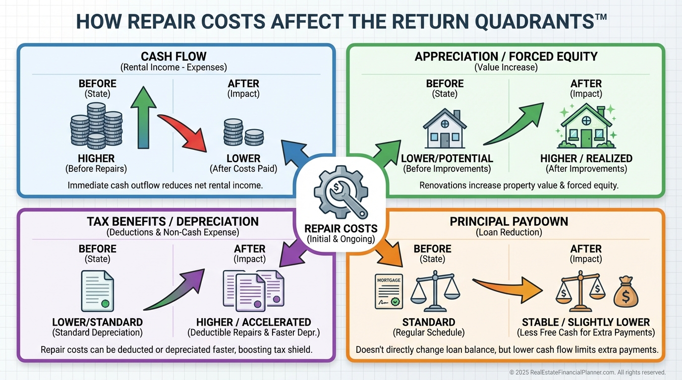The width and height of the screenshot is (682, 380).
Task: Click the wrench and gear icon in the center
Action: [x=341, y=193]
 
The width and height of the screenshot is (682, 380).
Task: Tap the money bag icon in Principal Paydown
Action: [x=626, y=291]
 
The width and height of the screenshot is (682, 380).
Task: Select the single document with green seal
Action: [x=97, y=290]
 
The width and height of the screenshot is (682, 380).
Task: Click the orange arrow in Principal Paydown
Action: [x=509, y=288]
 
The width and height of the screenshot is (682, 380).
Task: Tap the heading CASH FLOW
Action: [x=173, y=56]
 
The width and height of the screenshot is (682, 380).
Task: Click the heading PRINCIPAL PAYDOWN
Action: [x=509, y=221]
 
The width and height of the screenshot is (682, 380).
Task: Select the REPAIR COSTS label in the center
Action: [x=341, y=229]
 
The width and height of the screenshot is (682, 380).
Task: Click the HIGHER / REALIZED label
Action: [x=586, y=158]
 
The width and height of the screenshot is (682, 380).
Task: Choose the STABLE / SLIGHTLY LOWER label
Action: [x=586, y=322]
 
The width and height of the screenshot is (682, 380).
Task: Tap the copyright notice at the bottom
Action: [x=587, y=372]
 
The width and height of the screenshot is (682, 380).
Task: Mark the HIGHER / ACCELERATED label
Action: [x=253, y=322]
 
